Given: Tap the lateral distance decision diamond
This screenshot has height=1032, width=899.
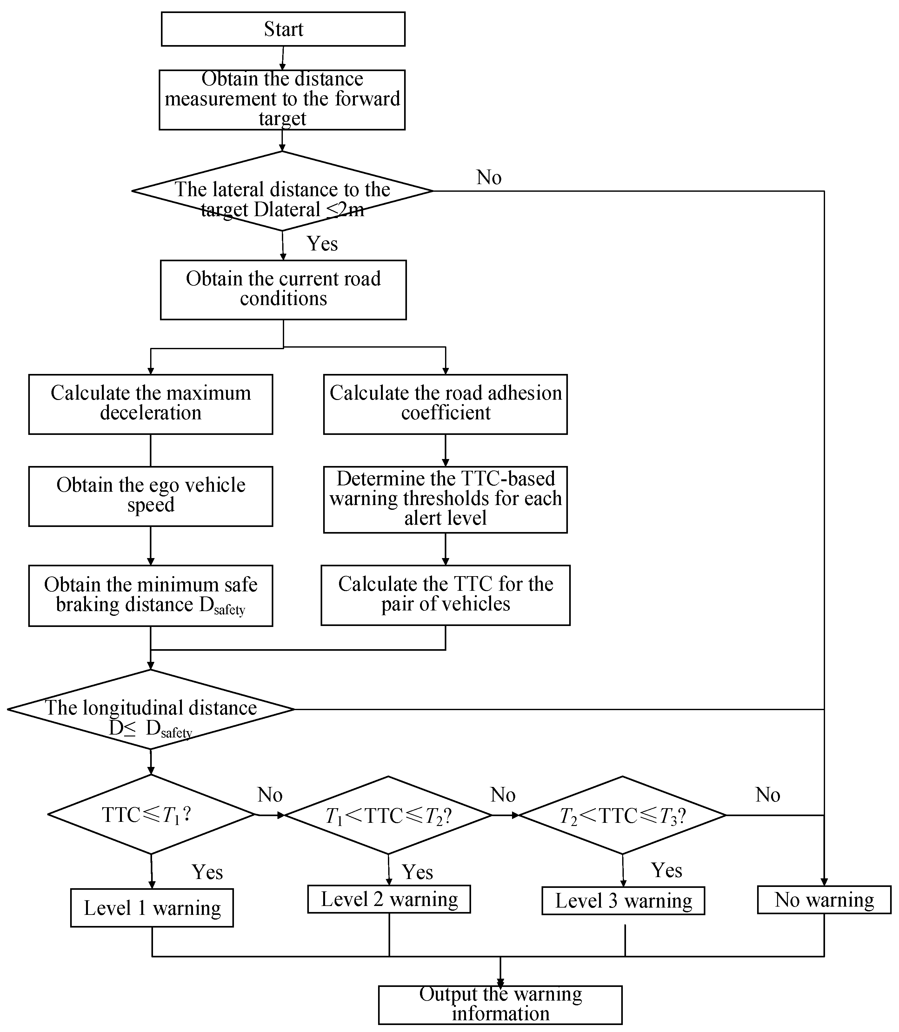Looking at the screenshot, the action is tap(283, 191).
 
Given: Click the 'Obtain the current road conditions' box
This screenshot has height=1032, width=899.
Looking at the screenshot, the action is tap(283, 290).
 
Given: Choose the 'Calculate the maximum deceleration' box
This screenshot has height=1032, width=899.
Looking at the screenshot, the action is tap(150, 404).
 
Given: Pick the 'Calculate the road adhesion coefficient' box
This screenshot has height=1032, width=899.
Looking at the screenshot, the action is tap(445, 404).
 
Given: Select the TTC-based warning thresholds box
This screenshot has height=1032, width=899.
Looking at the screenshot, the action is tap(445, 500).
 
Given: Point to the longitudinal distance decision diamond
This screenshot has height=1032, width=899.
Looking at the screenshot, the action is tap(150, 709).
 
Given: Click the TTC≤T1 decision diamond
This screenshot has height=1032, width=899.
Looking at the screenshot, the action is tap(151, 815).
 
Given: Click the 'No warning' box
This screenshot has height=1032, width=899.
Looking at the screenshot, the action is tap(824, 900).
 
